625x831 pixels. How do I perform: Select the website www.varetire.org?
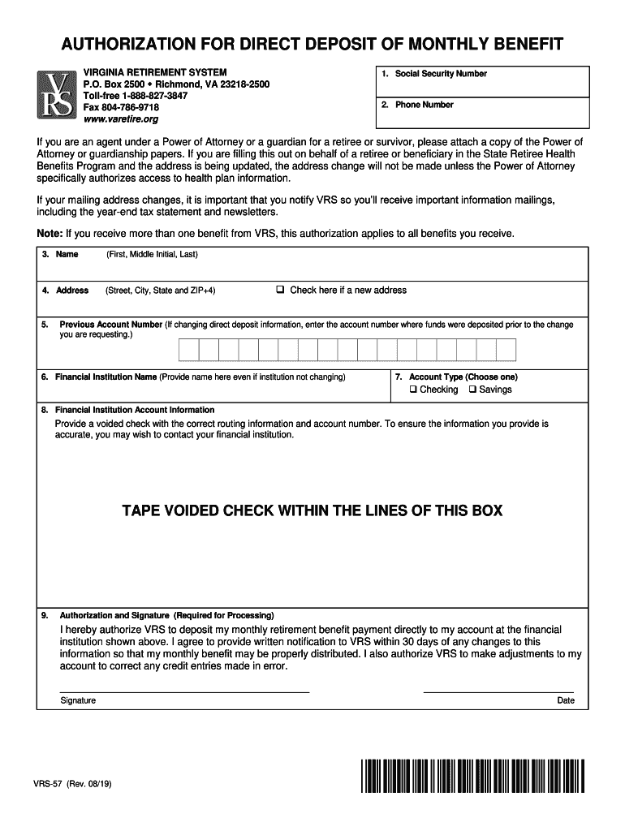coord(121,119)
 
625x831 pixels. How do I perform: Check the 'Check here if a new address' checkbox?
coord(280,290)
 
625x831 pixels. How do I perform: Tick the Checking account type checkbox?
coord(413,390)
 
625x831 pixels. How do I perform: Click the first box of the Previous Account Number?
coord(188,350)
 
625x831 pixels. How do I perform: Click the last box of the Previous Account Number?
coord(506,350)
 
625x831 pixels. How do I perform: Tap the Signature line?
coord(184,691)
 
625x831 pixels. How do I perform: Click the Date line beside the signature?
coord(499,691)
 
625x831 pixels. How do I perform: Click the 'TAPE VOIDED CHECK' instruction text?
coord(312,510)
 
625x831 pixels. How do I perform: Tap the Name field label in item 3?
coord(67,255)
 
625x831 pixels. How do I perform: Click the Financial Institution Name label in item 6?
coord(106,377)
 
